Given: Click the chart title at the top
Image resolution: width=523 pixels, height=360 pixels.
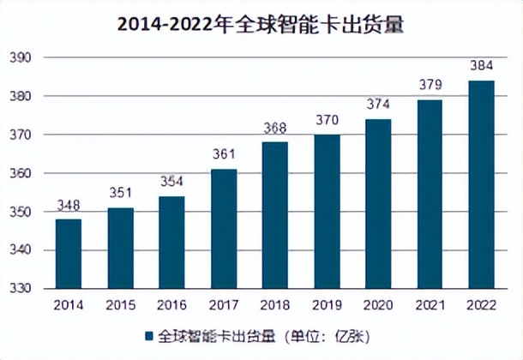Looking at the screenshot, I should (261, 25).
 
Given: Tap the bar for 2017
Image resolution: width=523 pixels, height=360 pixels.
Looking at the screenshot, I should (224, 230).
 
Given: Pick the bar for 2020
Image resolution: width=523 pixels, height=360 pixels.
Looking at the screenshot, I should (377, 204).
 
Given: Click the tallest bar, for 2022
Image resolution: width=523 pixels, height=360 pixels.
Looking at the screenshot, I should (481, 185).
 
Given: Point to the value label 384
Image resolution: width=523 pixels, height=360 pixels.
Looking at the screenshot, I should (481, 66).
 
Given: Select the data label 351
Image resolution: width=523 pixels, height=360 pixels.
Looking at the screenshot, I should (119, 194).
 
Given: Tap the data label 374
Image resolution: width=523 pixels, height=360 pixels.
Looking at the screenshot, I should (377, 105).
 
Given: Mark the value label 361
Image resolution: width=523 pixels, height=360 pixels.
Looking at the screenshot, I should (224, 155).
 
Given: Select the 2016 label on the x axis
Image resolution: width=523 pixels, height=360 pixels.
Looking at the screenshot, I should (171, 305).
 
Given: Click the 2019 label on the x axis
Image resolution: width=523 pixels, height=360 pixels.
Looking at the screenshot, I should (326, 305).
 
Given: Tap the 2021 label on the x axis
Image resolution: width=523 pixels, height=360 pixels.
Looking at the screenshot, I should (430, 305).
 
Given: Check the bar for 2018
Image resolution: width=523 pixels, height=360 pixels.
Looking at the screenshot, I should (275, 215).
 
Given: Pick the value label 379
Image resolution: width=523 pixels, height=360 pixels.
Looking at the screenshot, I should (430, 86).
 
